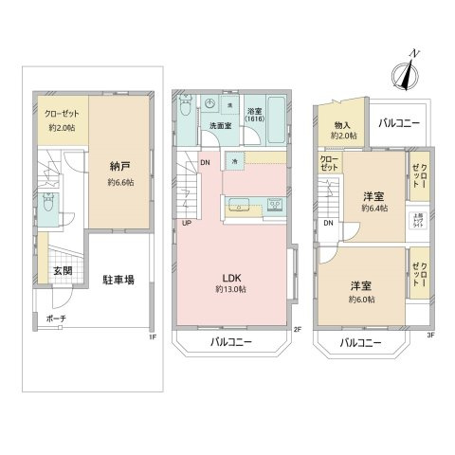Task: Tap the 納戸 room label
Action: tap(118, 166)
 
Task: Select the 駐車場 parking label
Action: tap(118, 279)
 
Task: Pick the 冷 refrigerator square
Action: tap(234, 162)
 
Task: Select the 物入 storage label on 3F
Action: tap(341, 124)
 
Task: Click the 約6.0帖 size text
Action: tap(360, 299)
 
